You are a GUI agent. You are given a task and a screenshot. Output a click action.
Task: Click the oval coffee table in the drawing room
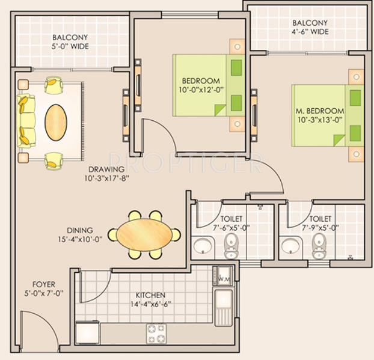coord(56,123)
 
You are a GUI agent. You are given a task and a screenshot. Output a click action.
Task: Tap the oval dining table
coord(144,235)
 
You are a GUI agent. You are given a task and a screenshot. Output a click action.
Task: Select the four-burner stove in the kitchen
coord(156,334)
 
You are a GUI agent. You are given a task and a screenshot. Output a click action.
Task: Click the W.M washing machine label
coord(224,278)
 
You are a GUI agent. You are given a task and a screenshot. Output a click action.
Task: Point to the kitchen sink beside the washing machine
coord(224,308)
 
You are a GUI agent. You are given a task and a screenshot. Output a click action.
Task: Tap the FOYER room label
coord(44,284)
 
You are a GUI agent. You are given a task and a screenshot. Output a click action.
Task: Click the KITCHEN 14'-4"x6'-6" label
coord(150,300)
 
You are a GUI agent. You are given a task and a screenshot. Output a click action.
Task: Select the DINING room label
coord(80,231)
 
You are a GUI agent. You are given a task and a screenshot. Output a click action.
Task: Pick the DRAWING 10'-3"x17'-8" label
coord(106,174)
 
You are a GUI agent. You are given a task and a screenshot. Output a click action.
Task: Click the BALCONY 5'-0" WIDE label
coord(70,42)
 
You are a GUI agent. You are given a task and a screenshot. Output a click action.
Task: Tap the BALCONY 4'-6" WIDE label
coord(310,27)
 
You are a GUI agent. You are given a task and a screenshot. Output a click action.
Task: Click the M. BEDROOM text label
coord(320,111)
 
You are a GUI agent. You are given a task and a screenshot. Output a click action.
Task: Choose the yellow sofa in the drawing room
coord(26,121)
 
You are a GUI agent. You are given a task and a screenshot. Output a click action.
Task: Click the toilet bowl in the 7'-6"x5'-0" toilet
coord(231,246)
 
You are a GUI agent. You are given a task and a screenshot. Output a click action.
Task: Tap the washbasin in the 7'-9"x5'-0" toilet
coord(290,246)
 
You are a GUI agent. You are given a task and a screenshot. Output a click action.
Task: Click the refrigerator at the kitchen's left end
coord(88,332)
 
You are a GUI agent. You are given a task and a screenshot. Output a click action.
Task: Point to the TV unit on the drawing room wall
coord(126,115)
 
